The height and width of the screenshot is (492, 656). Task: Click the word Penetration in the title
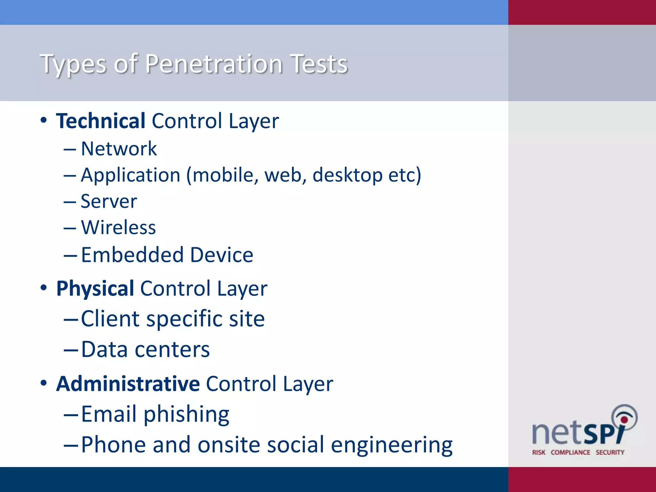pyautogui.click(x=214, y=64)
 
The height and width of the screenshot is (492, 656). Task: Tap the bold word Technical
pyautogui.click(x=101, y=121)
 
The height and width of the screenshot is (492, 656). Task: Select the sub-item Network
pyautogui.click(x=119, y=149)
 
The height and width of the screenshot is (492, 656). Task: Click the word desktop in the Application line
pyautogui.click(x=347, y=175)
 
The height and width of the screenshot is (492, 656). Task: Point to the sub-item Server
pyautogui.click(x=109, y=201)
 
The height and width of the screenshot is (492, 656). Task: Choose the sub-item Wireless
pyautogui.click(x=118, y=228)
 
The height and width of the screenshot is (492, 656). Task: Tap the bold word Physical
pyautogui.click(x=95, y=289)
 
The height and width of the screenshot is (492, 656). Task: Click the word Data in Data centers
pyautogui.click(x=104, y=349)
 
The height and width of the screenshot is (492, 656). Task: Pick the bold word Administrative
pyautogui.click(x=128, y=384)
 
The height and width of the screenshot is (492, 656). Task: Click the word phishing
pyautogui.click(x=186, y=414)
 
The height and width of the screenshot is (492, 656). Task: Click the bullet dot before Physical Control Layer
pyautogui.click(x=44, y=287)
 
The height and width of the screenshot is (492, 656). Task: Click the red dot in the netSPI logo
pyautogui.click(x=624, y=420)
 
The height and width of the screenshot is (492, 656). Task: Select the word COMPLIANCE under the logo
pyautogui.click(x=570, y=452)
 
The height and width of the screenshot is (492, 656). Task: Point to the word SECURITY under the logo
pyautogui.click(x=610, y=452)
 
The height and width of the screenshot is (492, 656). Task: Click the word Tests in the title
pyautogui.click(x=319, y=64)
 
